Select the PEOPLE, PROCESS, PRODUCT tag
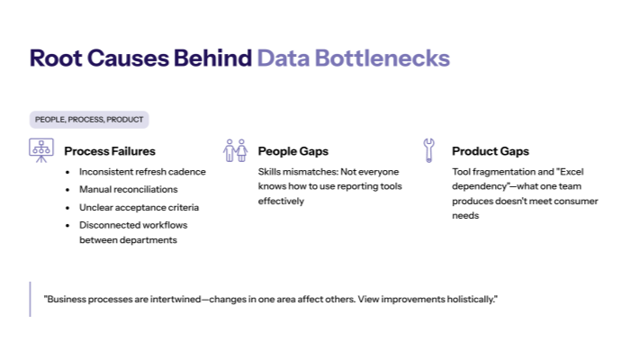tap(88, 120)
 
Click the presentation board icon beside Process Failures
tap(40, 150)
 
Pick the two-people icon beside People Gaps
tap(235, 150)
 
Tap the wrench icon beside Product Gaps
tap(429, 149)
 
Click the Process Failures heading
tap(110, 151)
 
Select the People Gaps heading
tap(293, 151)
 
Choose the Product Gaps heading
tap(490, 151)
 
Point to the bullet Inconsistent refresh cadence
tap(142, 172)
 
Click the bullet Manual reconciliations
tap(128, 189)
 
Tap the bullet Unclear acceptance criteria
tap(139, 207)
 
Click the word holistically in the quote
tap(469, 298)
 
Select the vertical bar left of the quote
tap(31, 298)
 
